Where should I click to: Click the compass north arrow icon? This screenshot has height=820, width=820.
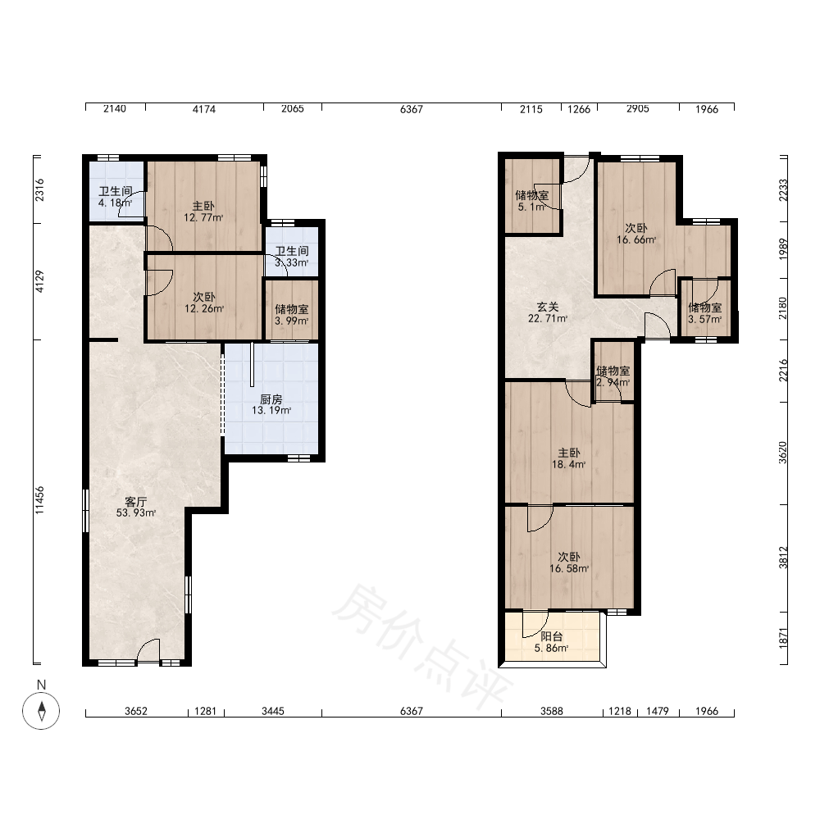pyautogui.click(x=41, y=711)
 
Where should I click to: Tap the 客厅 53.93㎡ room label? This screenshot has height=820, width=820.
pyautogui.click(x=136, y=508)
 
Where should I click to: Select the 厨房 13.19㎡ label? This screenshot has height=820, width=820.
pyautogui.click(x=271, y=405)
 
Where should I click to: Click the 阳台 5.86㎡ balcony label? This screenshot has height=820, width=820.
pyautogui.click(x=551, y=642)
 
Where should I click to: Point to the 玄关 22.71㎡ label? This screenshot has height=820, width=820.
pyautogui.click(x=548, y=312)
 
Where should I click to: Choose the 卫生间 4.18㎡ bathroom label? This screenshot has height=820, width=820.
pyautogui.click(x=115, y=197)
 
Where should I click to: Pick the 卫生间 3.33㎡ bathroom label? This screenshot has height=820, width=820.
pyautogui.click(x=292, y=257)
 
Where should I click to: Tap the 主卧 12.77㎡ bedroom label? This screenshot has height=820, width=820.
pyautogui.click(x=203, y=212)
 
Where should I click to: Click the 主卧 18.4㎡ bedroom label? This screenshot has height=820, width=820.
pyautogui.click(x=568, y=458)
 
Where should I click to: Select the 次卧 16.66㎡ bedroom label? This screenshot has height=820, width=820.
pyautogui.click(x=636, y=234)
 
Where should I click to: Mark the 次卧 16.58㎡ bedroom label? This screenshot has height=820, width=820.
pyautogui.click(x=569, y=563)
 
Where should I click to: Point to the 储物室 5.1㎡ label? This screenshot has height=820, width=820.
pyautogui.click(x=532, y=201)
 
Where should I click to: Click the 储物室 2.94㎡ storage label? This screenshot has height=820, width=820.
pyautogui.click(x=613, y=376)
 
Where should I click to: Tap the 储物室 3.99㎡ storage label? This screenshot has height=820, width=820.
pyautogui.click(x=292, y=315)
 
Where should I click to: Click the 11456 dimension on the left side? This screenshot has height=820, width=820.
pyautogui.click(x=39, y=500)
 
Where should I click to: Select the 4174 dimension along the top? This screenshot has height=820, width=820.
pyautogui.click(x=204, y=109)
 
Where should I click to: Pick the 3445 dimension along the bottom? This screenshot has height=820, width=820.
pyautogui.click(x=273, y=711)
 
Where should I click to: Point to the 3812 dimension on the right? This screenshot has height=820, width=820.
pyautogui.click(x=783, y=558)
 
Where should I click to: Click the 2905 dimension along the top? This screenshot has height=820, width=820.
pyautogui.click(x=638, y=108)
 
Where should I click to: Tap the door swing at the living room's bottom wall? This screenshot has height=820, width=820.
pyautogui.click(x=148, y=650)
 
